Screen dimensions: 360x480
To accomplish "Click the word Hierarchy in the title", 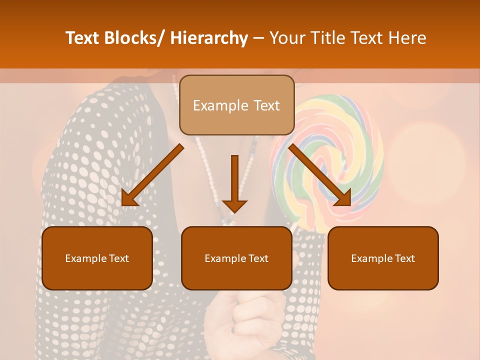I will tap(209, 38).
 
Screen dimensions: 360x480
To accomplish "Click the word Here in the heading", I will tap(407, 38).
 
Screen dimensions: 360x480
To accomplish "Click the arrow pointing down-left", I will tap(152, 175).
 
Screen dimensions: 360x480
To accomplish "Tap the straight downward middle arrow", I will tap(234, 182).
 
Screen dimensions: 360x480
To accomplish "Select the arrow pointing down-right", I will tap(320, 175).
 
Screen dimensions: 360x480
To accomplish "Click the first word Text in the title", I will tap(83, 38).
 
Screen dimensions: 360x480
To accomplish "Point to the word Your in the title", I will tap(285, 38).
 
